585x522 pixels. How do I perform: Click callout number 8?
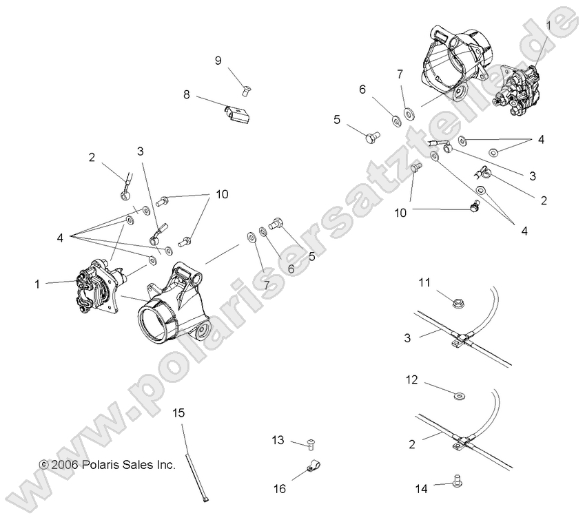186,94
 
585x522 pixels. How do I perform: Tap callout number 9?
218,61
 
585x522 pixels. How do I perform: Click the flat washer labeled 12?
459,395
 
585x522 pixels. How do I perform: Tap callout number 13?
278,439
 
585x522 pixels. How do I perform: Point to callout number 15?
178,413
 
